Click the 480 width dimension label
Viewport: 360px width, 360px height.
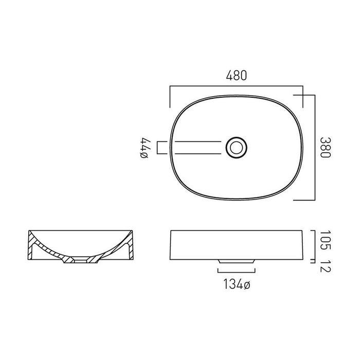[237, 75]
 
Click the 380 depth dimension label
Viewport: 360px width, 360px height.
[326, 148]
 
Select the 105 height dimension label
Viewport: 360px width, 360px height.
[326, 240]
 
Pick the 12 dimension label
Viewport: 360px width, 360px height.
[326, 266]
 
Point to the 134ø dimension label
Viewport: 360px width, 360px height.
[237, 284]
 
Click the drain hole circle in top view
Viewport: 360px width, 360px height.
[236, 148]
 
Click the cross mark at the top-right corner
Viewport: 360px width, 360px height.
[303, 95]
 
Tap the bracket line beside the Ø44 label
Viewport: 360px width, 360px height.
[157, 148]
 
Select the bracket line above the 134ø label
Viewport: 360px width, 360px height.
[236, 273]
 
